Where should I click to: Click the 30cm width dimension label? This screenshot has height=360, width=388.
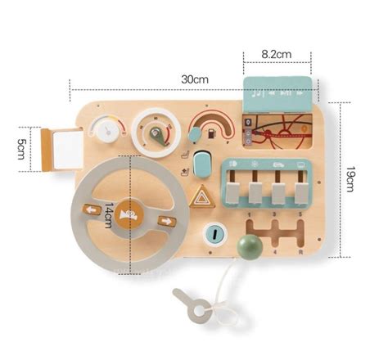(x=195, y=79)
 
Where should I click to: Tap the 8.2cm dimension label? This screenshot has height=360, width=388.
(x=277, y=54)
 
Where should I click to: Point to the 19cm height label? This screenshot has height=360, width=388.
(x=350, y=179)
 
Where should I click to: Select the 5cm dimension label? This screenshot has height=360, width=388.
(x=21, y=149)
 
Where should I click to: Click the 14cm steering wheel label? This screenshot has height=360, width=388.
(x=109, y=215)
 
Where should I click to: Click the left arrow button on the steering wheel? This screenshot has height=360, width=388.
(x=92, y=210)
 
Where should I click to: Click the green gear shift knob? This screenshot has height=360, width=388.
(x=249, y=246)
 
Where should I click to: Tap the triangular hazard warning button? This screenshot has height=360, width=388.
(x=201, y=196)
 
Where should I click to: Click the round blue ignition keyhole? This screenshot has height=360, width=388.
(x=215, y=234)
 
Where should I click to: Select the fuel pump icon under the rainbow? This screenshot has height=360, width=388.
(x=211, y=133)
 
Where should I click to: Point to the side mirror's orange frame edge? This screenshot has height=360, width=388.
(x=46, y=150)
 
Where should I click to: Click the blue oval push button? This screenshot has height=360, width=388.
(x=202, y=164)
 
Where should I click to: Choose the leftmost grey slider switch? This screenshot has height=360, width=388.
(x=233, y=192)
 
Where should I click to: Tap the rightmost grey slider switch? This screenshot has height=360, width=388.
(x=301, y=193)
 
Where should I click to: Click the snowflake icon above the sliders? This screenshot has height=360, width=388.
(x=255, y=164)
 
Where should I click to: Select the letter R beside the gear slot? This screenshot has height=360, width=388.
(x=300, y=252)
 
